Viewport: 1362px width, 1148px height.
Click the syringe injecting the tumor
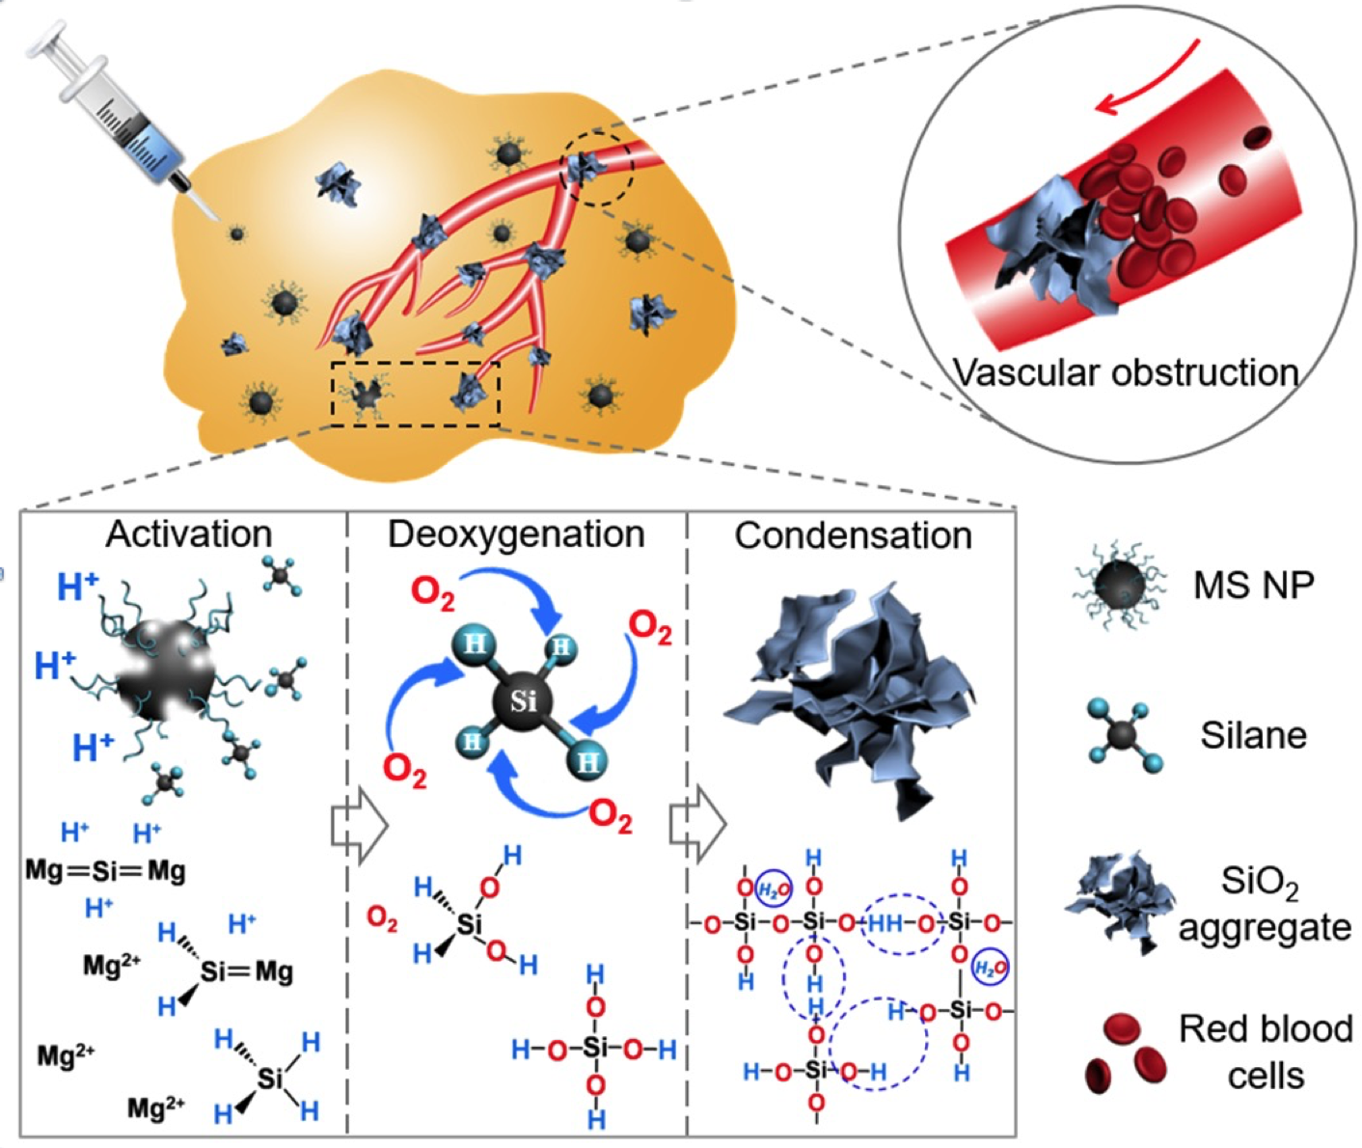coord(125,121)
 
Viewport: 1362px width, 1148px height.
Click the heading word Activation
coord(189,533)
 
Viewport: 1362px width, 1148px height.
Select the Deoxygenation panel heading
coord(516,533)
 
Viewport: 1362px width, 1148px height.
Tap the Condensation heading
coord(853,535)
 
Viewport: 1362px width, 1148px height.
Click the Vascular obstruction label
coord(1125,372)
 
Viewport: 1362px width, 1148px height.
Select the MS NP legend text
coord(1253,585)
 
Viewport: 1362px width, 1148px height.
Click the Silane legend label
coord(1253,735)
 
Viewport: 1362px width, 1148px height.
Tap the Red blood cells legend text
coord(1265,1052)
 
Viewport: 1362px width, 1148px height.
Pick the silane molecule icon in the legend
coord(1122,737)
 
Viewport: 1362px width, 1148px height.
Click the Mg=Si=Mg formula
coord(105,871)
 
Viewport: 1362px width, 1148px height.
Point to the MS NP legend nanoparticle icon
coord(1118,585)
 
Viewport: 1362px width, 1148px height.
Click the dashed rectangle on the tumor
coord(415,394)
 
